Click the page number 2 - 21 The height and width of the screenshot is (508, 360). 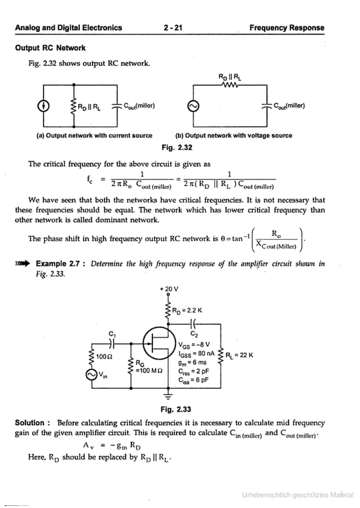click(173, 28)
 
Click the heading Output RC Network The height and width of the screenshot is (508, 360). click(50, 48)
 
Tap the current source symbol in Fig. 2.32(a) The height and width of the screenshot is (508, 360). click(43, 105)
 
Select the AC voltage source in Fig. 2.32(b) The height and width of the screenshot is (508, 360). click(194, 106)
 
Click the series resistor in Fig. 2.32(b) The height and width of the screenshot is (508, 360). click(230, 85)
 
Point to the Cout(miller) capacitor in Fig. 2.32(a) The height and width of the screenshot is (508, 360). click(117, 105)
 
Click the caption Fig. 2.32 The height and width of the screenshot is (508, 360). click(177, 147)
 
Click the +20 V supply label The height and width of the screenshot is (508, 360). click(169, 289)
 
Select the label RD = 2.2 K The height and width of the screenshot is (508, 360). click(187, 310)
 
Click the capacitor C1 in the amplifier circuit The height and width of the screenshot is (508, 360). click(112, 343)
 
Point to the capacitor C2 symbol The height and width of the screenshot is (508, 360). click(194, 323)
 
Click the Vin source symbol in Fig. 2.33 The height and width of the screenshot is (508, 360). click(91, 374)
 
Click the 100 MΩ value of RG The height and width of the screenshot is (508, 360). click(149, 370)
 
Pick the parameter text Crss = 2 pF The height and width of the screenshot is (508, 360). click(194, 372)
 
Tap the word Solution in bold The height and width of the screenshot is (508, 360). click(32, 423)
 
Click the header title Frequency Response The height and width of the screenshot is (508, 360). click(287, 28)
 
